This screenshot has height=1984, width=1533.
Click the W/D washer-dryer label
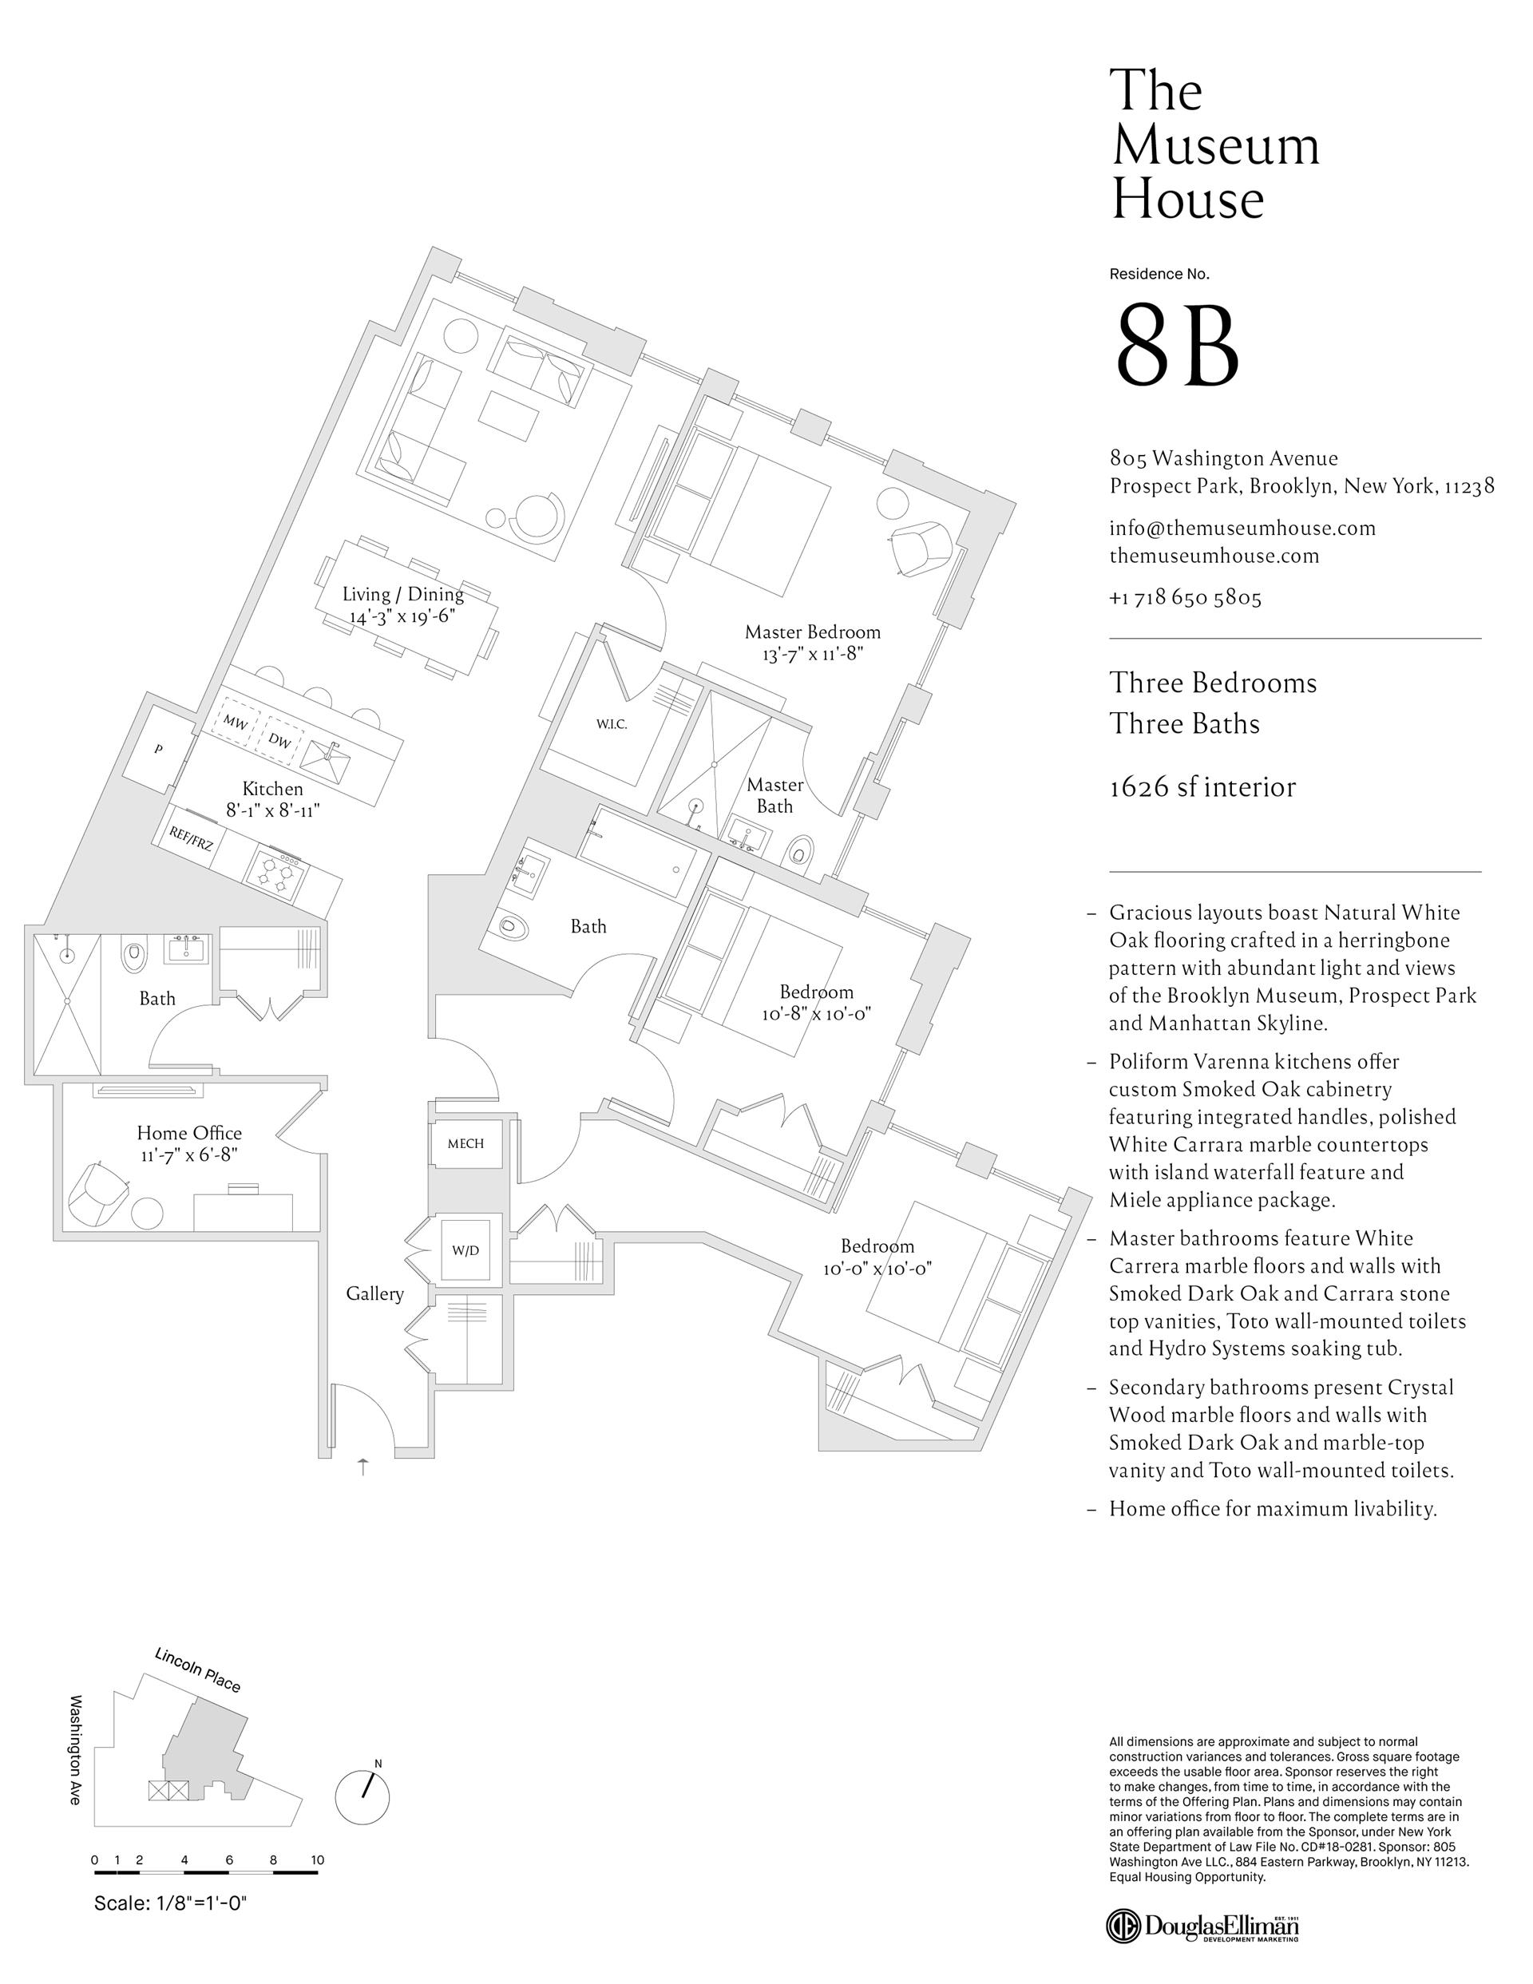pos(465,1251)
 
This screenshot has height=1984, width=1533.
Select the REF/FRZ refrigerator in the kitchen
pos(192,839)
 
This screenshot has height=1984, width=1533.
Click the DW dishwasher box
pos(280,740)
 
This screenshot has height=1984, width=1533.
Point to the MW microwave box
pos(236,723)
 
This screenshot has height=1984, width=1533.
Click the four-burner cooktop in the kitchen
pos(275,874)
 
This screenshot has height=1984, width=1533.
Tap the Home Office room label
pos(189,1134)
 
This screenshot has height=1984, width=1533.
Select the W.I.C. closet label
pos(612,725)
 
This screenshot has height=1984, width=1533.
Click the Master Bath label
pos(775,795)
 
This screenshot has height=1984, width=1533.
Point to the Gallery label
pos(374,1293)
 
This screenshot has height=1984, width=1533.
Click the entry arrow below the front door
pos(363,1466)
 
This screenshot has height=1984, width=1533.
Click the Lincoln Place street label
pos(197,1669)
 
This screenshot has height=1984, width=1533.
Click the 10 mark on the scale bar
pos(317,1859)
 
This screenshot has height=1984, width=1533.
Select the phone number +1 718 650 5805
pos(1185,598)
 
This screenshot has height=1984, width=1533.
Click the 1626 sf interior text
pos(1202,786)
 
